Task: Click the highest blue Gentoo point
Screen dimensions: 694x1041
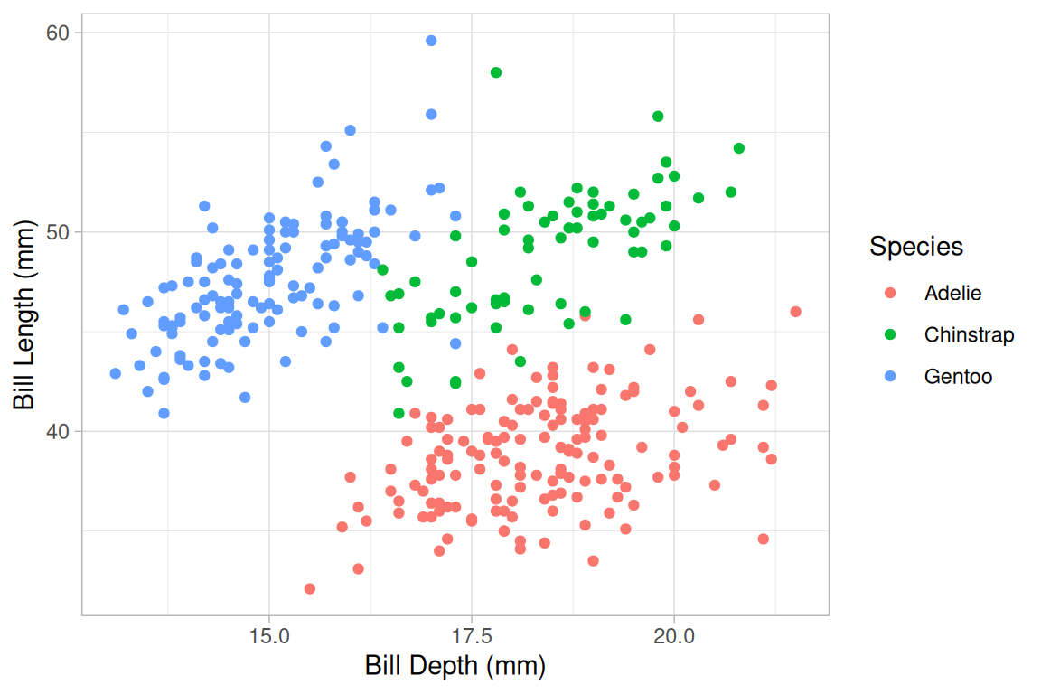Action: click(431, 41)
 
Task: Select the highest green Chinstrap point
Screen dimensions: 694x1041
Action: click(495, 72)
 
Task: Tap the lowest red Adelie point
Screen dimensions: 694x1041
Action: click(310, 588)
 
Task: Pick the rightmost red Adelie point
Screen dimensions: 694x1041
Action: click(795, 312)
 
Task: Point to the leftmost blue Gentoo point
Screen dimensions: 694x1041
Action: click(116, 373)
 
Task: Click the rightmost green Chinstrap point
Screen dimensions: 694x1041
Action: click(738, 148)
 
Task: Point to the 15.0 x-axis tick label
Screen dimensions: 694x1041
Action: click(269, 636)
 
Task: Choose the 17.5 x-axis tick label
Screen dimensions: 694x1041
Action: click(472, 636)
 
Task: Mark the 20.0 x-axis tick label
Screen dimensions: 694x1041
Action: click(674, 636)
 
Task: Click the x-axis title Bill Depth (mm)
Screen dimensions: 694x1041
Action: click(455, 667)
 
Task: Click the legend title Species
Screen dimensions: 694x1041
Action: click(915, 247)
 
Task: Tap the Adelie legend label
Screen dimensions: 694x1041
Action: click(952, 293)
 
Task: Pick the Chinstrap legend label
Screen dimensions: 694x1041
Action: click(969, 335)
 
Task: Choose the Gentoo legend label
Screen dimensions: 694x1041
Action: click(958, 377)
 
